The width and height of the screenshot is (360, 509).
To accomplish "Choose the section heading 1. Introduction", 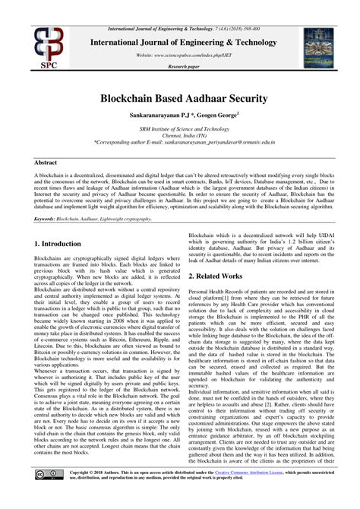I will (x=58, y=244).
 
